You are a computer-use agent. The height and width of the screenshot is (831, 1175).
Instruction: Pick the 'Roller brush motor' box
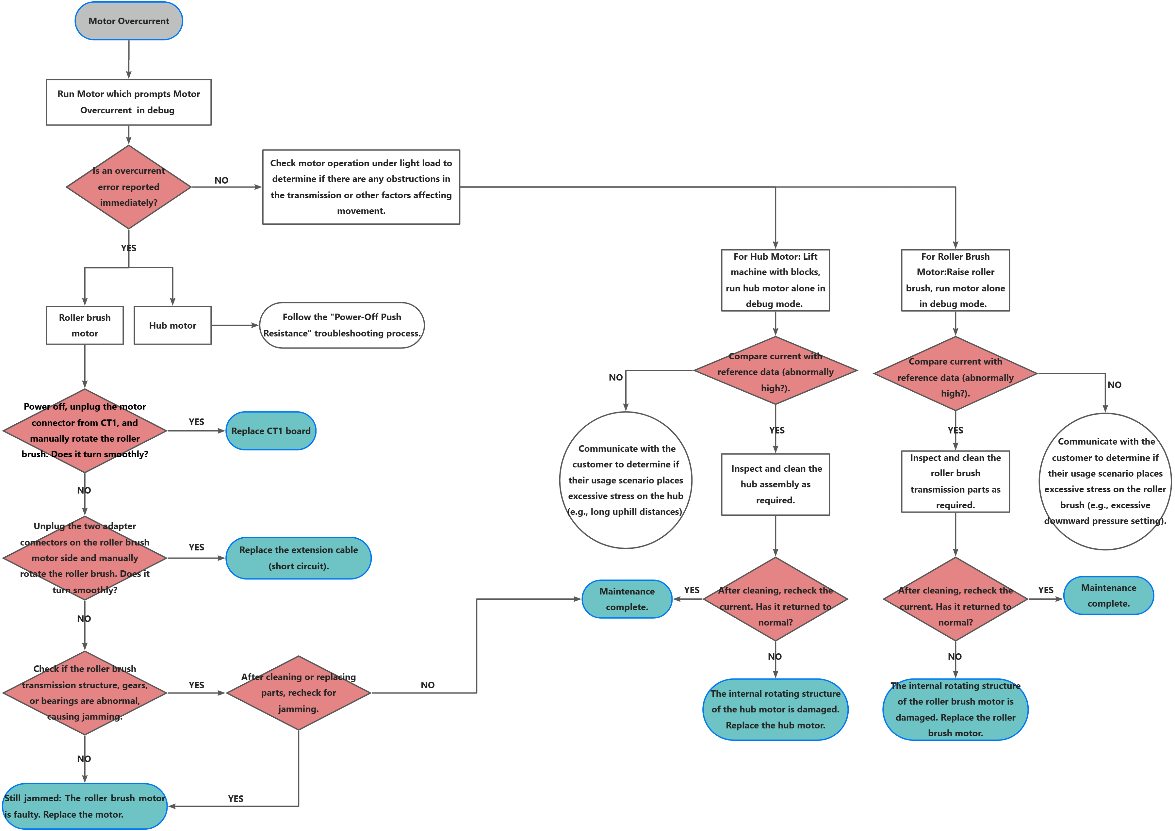85,325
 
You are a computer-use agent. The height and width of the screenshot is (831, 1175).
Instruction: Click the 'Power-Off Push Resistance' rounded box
342,325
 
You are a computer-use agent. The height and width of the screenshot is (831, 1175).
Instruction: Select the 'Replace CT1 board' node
271,431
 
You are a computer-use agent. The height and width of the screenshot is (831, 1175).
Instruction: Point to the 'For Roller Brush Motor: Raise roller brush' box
955,280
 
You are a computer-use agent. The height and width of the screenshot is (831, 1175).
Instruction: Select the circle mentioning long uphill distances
626,480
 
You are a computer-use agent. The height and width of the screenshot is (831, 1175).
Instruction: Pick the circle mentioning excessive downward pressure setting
1105,481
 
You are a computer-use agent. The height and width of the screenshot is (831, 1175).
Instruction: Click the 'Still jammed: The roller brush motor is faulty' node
85,806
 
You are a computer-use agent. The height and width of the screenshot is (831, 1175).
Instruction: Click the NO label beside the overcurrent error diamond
221,180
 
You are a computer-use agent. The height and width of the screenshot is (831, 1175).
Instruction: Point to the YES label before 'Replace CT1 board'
197,422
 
